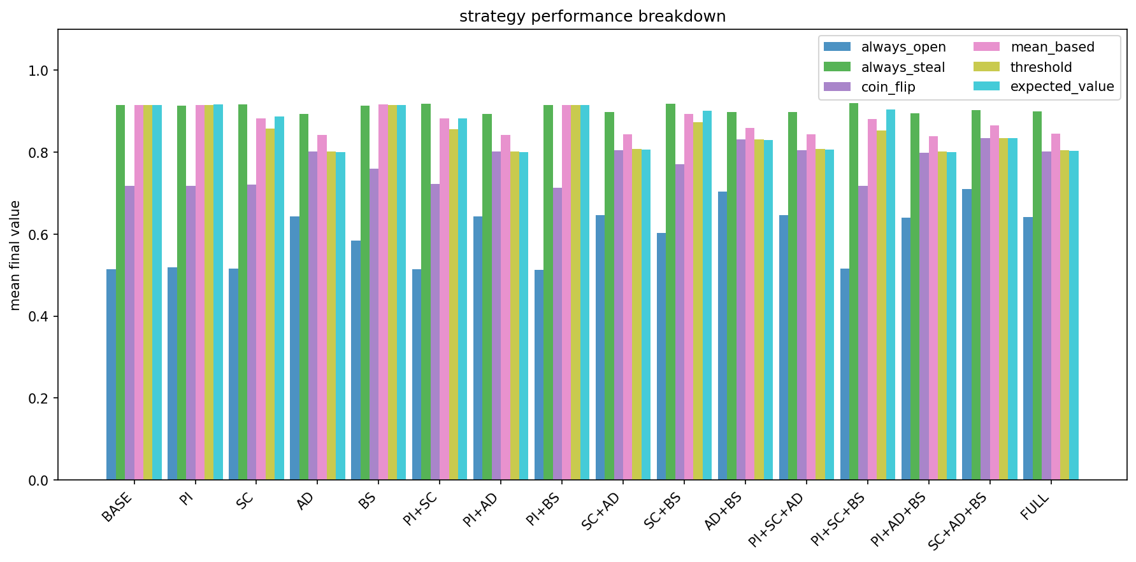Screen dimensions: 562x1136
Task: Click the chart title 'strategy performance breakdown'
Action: (x=592, y=17)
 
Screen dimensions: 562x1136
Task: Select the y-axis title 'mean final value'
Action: (x=15, y=255)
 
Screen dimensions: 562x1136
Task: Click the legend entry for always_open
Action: (x=903, y=47)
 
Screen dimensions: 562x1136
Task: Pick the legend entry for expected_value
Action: (x=1061, y=87)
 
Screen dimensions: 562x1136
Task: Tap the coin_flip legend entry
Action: (x=888, y=87)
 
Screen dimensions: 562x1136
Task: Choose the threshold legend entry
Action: (x=1040, y=67)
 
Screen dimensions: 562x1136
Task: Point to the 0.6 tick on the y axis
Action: (x=40, y=234)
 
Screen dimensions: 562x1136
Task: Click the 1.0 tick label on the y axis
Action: (x=40, y=70)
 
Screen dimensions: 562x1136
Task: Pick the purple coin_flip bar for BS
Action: (x=374, y=325)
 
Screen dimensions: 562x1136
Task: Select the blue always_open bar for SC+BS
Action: (x=661, y=356)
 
